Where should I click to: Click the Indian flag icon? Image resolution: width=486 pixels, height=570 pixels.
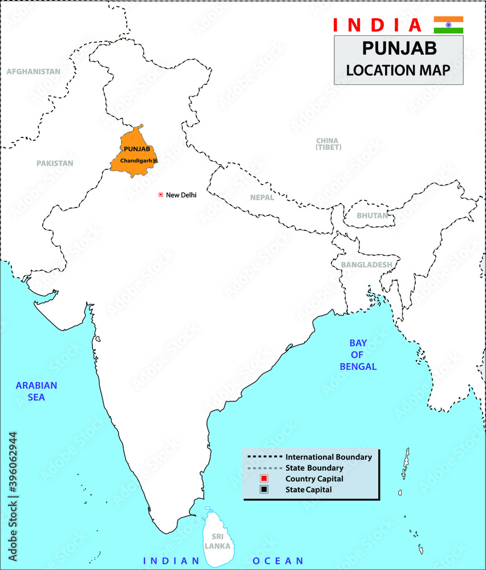(448, 25)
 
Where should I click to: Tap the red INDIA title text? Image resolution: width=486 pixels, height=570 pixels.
(377, 25)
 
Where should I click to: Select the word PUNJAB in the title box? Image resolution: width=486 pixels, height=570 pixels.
(398, 48)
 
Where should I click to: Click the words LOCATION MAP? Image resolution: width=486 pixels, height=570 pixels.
(398, 70)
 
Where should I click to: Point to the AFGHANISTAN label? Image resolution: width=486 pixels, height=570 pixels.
(33, 72)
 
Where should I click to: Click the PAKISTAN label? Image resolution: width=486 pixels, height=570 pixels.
(55, 163)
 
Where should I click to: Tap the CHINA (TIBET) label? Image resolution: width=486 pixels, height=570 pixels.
(327, 144)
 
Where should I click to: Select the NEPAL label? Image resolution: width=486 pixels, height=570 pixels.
(262, 197)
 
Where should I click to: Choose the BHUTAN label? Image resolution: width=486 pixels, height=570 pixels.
(372, 215)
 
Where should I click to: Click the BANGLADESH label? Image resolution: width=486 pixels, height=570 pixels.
(366, 264)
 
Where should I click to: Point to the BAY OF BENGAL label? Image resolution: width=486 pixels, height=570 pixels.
(358, 355)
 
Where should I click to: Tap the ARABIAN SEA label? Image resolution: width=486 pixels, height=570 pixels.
(36, 391)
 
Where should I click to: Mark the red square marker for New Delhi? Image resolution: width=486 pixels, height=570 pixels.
(161, 195)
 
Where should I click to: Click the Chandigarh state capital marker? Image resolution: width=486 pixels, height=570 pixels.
(155, 161)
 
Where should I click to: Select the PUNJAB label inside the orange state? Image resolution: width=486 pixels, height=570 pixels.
(136, 149)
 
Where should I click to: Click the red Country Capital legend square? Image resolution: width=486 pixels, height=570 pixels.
(264, 478)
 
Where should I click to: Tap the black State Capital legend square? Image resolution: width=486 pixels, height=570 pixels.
(264, 489)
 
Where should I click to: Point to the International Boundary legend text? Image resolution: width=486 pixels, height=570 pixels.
(329, 457)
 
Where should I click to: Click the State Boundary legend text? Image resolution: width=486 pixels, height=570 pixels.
(314, 468)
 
